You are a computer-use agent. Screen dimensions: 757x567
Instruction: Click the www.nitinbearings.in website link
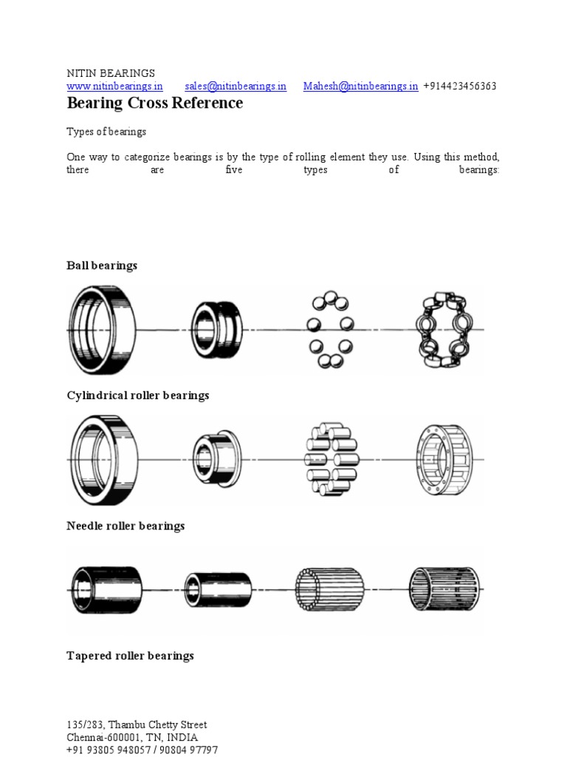tap(114, 86)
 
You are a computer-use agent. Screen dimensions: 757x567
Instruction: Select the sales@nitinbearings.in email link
tap(236, 86)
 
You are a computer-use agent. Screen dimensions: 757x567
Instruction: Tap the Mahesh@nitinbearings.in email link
tap(360, 86)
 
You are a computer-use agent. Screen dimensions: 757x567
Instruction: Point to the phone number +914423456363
tap(459, 86)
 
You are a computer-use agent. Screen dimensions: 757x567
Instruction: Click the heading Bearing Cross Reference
tap(154, 103)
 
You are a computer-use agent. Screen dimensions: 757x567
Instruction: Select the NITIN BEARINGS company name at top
tap(111, 73)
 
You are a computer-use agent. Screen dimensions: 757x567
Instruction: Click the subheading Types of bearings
tap(106, 132)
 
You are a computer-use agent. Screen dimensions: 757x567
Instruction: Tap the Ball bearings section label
tap(102, 265)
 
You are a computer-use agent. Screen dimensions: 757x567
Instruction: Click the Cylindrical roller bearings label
tap(137, 396)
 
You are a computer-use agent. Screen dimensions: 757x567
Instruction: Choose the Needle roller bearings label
tap(126, 526)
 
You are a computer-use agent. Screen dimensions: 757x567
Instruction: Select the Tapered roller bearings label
tap(130, 656)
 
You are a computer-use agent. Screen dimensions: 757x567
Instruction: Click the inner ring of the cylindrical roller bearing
tap(216, 459)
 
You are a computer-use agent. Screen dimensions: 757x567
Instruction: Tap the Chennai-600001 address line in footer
tap(132, 738)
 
